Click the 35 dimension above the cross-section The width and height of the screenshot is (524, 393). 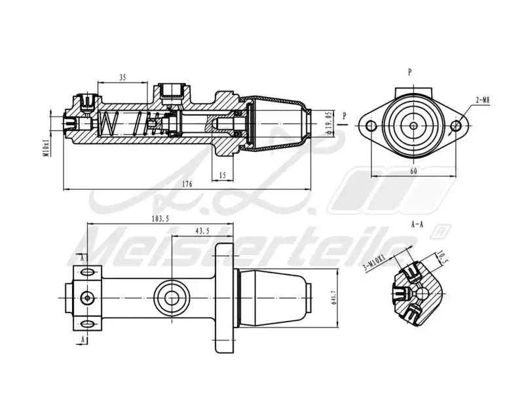[122, 77]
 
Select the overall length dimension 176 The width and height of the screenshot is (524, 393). [187, 184]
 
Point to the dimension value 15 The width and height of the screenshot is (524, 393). [223, 175]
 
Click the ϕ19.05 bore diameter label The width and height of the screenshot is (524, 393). [327, 123]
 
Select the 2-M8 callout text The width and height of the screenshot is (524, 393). [483, 100]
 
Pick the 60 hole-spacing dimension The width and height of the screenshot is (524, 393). [413, 170]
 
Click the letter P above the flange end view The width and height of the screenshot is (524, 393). [409, 73]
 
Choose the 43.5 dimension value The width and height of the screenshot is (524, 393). [202, 231]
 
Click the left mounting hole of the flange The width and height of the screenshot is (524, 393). [371, 126]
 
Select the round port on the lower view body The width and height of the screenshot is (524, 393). [172, 297]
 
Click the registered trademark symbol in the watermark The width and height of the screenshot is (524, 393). [442, 231]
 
